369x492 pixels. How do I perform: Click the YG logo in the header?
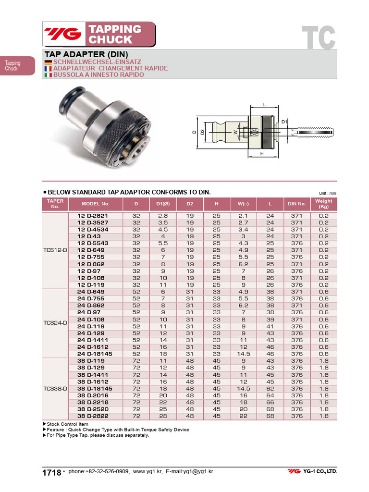pyautogui.click(x=63, y=34)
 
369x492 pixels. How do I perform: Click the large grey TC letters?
pyautogui.click(x=318, y=37)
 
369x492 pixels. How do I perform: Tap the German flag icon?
pyautogui.click(x=48, y=62)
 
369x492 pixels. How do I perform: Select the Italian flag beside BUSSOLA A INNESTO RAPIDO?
pyautogui.click(x=48, y=75)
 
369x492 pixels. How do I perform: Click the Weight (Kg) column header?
pyautogui.click(x=323, y=204)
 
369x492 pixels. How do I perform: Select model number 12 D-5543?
pyautogui.click(x=93, y=243)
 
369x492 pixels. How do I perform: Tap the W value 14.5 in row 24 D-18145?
pyautogui.click(x=243, y=354)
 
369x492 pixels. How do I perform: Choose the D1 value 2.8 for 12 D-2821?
pyautogui.click(x=163, y=216)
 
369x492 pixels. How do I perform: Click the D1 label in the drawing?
pyautogui.click(x=284, y=122)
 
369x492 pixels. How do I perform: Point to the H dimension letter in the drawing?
pyautogui.click(x=262, y=154)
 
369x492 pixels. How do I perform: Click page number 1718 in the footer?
pyautogui.click(x=51, y=473)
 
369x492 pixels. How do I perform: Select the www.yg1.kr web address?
pyautogui.click(x=148, y=472)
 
